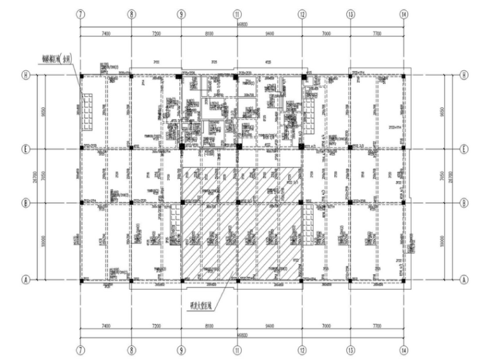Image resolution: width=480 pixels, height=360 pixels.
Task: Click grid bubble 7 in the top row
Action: (81, 13)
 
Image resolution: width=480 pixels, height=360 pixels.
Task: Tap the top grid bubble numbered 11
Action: (237, 13)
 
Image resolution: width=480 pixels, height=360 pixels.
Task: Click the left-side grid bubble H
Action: (21, 75)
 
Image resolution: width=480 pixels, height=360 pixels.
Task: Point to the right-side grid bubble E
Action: (464, 149)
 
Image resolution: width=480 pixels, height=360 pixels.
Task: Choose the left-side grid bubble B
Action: (21, 203)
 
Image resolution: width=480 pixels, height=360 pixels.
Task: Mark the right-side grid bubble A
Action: (464, 280)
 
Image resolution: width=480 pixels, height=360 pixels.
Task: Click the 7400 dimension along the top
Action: (105, 32)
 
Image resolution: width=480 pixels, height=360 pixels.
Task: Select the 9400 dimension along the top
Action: (270, 32)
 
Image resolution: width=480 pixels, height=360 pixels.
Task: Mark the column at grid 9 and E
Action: (182, 147)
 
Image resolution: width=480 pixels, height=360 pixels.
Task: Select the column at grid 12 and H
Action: (303, 76)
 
